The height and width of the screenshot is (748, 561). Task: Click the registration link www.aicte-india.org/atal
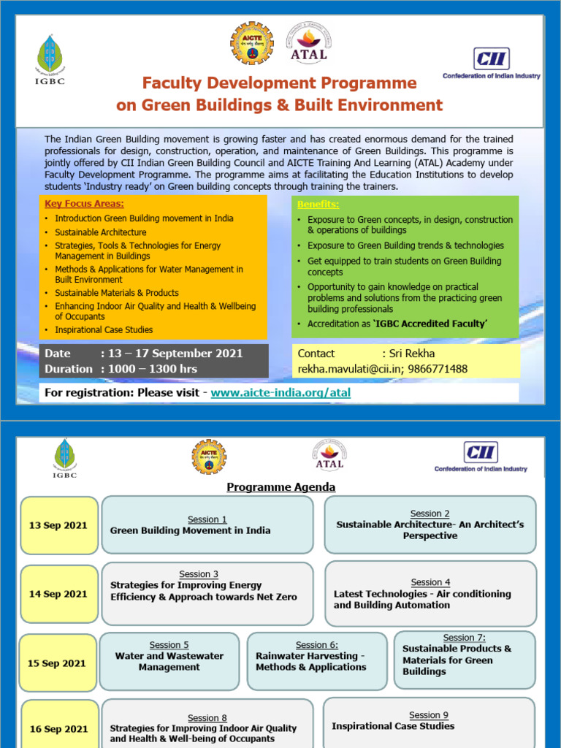point(280,392)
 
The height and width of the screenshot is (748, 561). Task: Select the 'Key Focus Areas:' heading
point(84,204)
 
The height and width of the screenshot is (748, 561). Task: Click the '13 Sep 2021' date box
point(58,525)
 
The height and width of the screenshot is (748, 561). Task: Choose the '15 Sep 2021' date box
point(57,663)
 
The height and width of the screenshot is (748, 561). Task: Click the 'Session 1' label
point(207,519)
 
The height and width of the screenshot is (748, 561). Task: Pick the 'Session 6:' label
point(317,645)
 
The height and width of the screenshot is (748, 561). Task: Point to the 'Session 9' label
point(429,714)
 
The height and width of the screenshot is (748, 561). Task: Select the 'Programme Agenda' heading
point(281,487)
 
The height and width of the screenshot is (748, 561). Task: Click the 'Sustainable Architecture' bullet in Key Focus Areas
point(101,232)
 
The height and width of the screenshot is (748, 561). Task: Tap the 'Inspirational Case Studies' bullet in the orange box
point(104,330)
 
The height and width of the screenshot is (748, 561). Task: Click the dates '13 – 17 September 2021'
point(175,354)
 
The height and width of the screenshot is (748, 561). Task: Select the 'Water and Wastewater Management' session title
point(169,661)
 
